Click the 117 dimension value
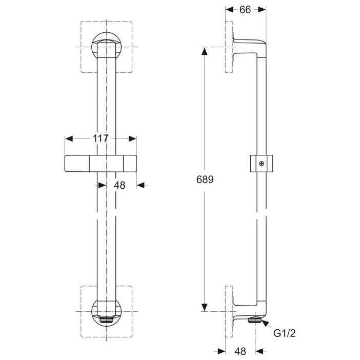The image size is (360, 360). (101, 139)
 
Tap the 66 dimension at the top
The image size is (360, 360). (245, 10)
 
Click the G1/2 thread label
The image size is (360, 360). (284, 333)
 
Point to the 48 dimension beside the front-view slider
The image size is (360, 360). (119, 185)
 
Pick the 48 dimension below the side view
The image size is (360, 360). (241, 351)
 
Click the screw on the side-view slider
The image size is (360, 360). (262, 164)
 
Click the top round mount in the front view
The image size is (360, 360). (106, 46)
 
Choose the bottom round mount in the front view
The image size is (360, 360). (106, 312)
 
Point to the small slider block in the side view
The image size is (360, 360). (262, 164)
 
